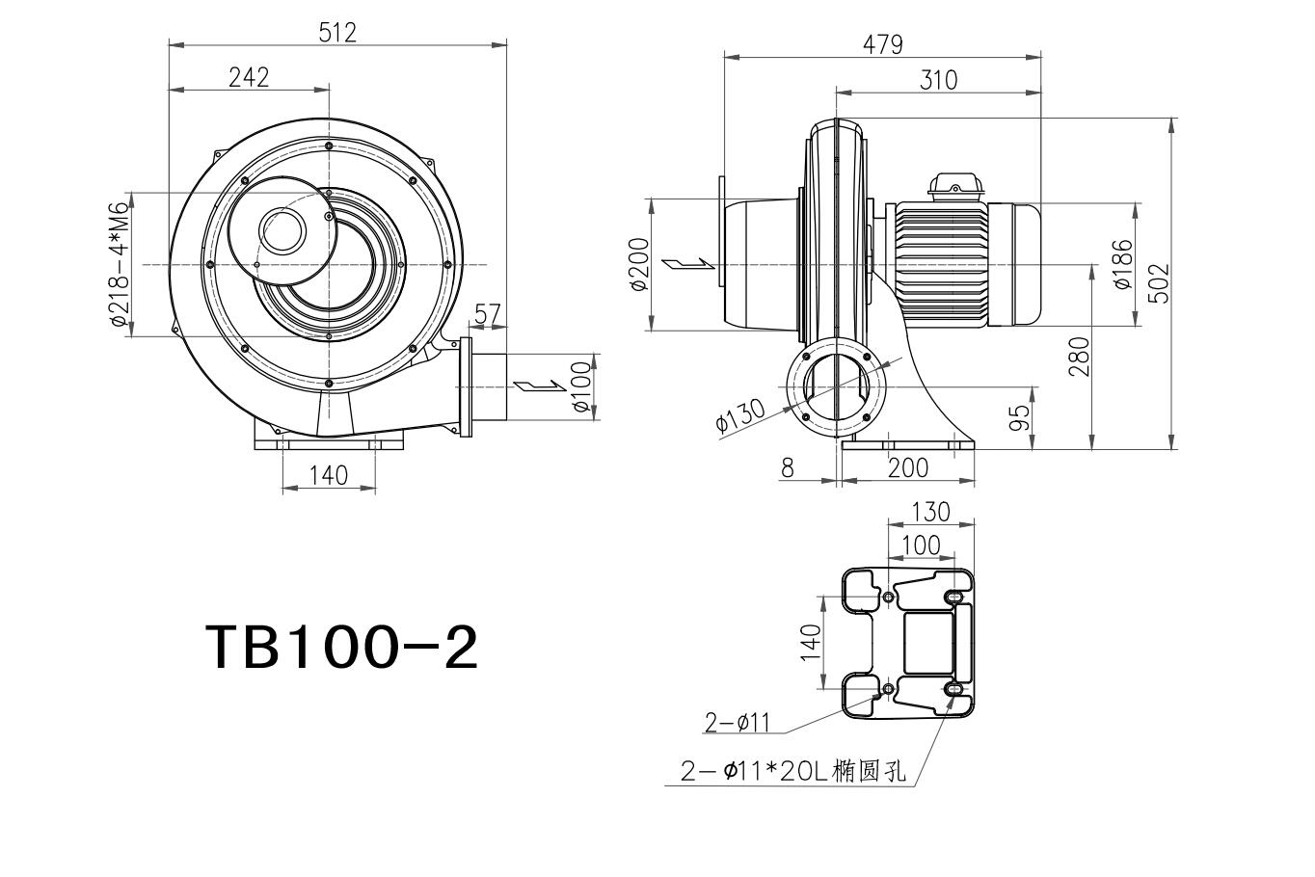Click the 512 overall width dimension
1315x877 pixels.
tap(337, 33)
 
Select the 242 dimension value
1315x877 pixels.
tap(249, 77)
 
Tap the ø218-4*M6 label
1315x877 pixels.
tap(120, 263)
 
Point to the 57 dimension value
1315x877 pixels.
tap(487, 314)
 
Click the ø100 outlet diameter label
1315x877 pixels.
tap(581, 386)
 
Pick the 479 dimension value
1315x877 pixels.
tap(883, 44)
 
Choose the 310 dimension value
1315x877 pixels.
tap(938, 80)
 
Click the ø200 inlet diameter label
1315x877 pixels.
tap(639, 264)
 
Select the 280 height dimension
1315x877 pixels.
tap(1079, 357)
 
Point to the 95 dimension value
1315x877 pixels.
tap(1019, 418)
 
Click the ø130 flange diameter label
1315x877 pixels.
tap(740, 415)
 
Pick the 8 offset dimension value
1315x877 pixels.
tap(788, 467)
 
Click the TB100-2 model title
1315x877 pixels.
tap(341, 648)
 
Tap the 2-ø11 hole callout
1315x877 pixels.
tap(737, 723)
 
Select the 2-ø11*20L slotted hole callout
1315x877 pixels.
tap(793, 771)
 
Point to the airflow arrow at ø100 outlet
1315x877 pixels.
tap(540, 385)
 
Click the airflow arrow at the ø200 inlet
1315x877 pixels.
tap(688, 263)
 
